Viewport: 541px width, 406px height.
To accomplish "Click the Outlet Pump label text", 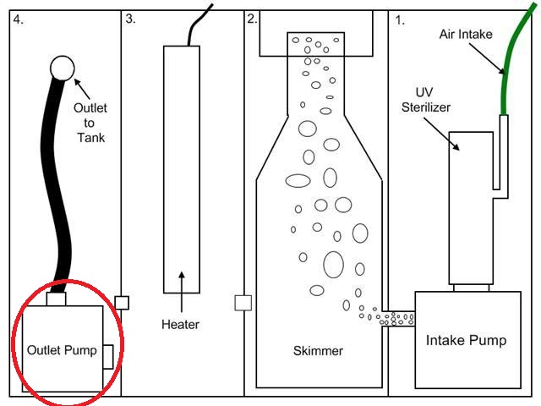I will pyautogui.click(x=62, y=349).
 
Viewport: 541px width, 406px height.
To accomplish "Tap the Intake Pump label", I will pyautogui.click(x=467, y=341).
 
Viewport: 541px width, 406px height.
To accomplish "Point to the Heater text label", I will pyautogui.click(x=181, y=323).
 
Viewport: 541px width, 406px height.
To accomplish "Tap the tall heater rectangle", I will pyautogui.click(x=181, y=169).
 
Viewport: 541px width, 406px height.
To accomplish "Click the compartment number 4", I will pyautogui.click(x=18, y=19).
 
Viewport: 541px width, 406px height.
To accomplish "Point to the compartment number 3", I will pyautogui.click(x=130, y=19).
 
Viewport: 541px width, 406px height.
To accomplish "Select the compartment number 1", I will pyautogui.click(x=400, y=19).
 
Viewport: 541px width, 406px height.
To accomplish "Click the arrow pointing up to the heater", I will pyautogui.click(x=181, y=292).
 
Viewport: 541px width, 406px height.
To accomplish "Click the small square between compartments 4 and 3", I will pyautogui.click(x=122, y=302).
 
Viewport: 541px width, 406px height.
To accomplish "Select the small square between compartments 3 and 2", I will pyautogui.click(x=243, y=302).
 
